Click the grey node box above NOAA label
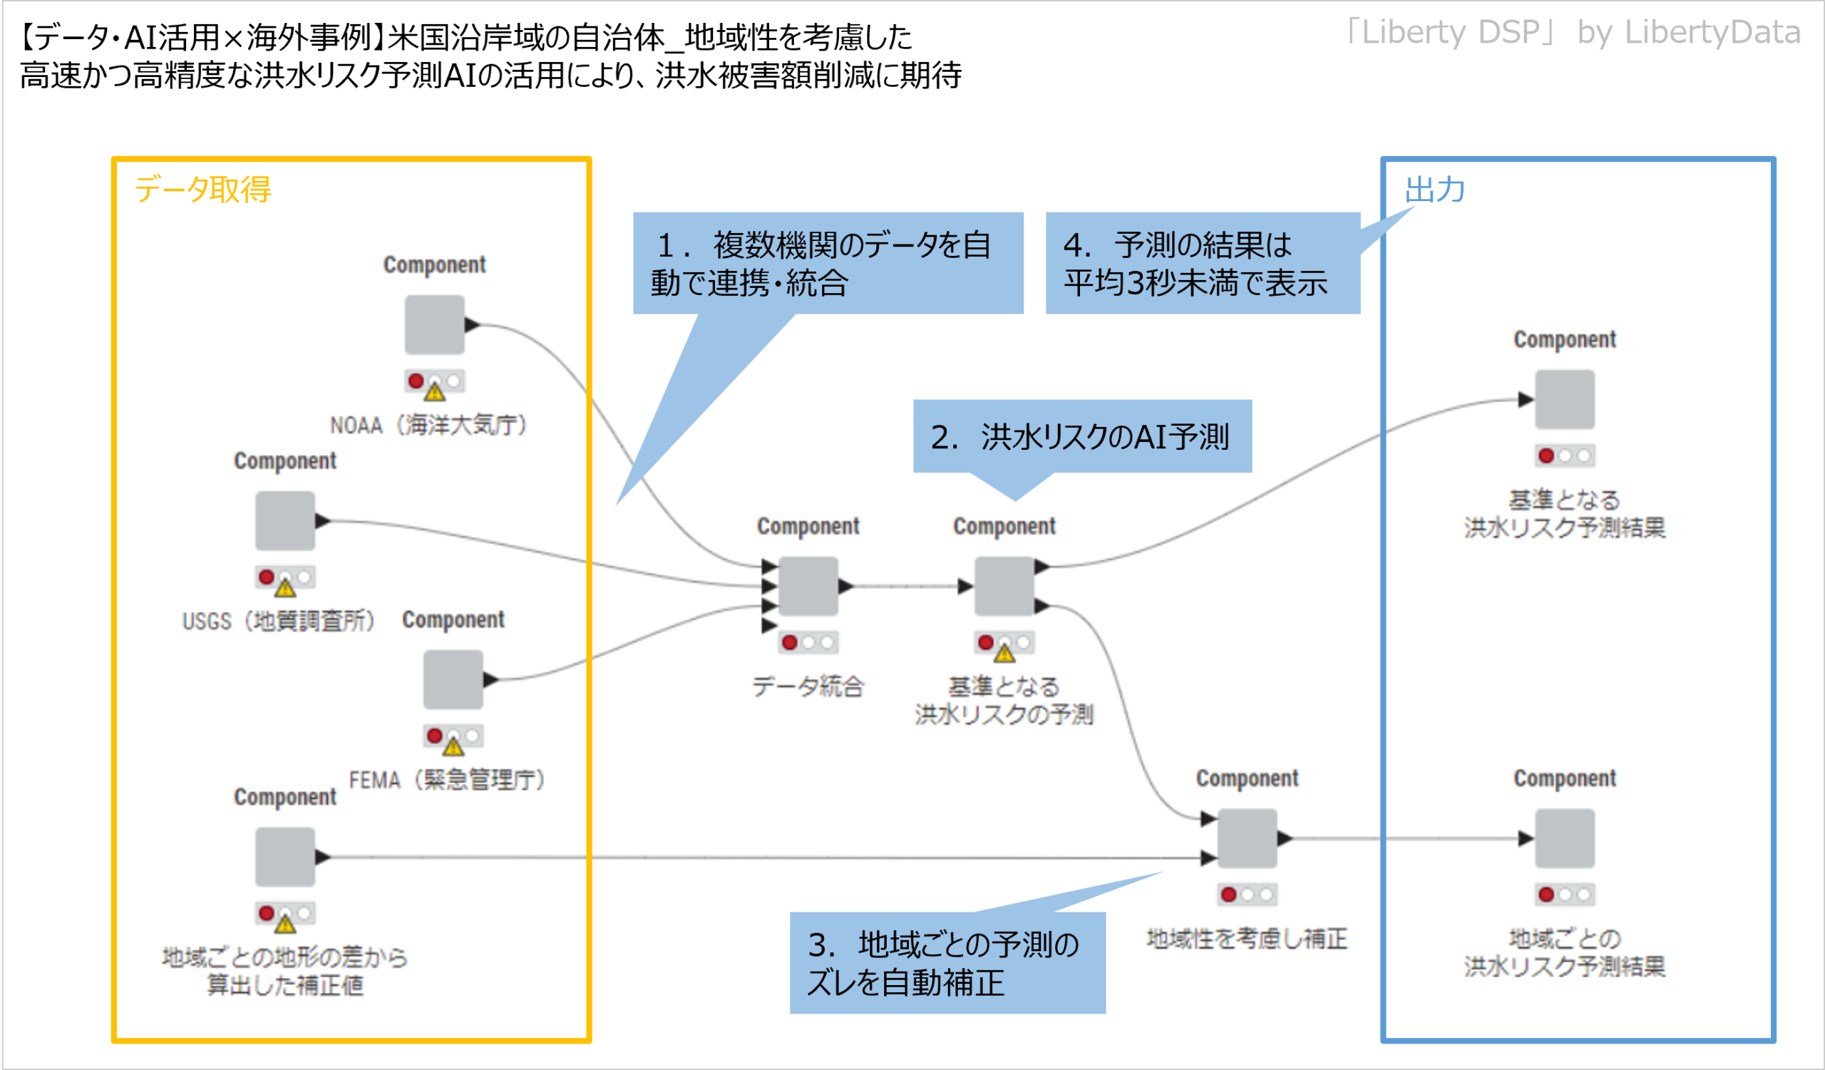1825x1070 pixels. [435, 324]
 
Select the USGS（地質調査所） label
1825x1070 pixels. [278, 621]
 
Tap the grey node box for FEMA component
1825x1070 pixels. [453, 679]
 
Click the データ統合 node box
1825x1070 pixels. [808, 587]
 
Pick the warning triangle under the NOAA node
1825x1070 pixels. [435, 392]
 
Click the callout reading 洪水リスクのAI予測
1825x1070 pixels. [1082, 436]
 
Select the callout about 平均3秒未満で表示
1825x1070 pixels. [1202, 263]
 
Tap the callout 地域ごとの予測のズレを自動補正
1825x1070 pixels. [947, 963]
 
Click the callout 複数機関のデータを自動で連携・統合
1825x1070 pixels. [828, 263]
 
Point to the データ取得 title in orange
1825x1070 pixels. [202, 190]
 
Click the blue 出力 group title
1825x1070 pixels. [1434, 190]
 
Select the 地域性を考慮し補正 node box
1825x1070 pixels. [1247, 838]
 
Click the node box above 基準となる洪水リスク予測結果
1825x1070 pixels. [1565, 400]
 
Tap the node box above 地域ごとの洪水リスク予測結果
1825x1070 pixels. [1565, 838]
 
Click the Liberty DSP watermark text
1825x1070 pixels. [1571, 33]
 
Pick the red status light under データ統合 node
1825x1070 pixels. [790, 642]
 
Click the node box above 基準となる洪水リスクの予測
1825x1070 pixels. [1004, 587]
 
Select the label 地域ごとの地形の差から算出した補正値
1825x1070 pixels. [284, 971]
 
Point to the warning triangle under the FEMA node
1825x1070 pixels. [453, 746]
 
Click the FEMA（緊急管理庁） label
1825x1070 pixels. [447, 780]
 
